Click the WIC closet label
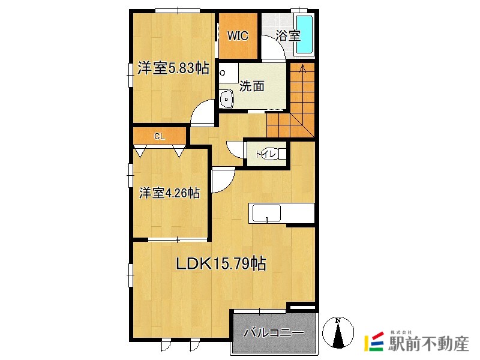pyautogui.click(x=238, y=36)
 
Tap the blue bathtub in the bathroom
pyautogui.click(x=304, y=35)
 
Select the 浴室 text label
pyautogui.click(x=288, y=35)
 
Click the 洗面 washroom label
pyautogui.click(x=251, y=86)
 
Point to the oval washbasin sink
pyautogui.click(x=227, y=99)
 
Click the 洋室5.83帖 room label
pyautogui.click(x=173, y=68)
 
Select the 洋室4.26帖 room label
pyautogui.click(x=169, y=193)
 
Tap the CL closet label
pyautogui.click(x=159, y=136)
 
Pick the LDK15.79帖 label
pyautogui.click(x=220, y=263)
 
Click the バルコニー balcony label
pyautogui.click(x=274, y=332)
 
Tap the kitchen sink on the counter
pyautogui.click(x=266, y=214)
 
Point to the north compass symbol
pyautogui.click(x=338, y=332)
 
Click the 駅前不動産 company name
pyautogui.click(x=428, y=343)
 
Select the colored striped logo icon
pyautogui.click(x=374, y=341)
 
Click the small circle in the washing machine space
pyautogui.click(x=223, y=73)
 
